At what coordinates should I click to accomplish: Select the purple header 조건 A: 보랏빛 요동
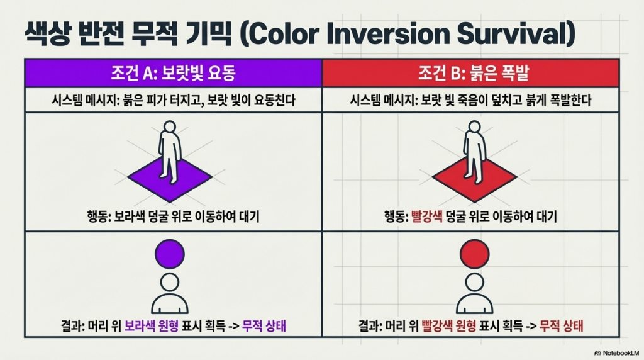[x=174, y=73]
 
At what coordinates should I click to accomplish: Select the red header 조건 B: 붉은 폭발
[x=470, y=73]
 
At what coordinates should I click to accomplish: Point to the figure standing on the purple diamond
[x=170, y=152]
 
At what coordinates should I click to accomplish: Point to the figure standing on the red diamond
[x=474, y=152]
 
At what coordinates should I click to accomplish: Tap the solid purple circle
[x=170, y=254]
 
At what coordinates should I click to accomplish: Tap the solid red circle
[x=474, y=254]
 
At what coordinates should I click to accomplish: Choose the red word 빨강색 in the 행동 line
[x=427, y=216]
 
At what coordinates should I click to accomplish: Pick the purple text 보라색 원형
[x=151, y=326]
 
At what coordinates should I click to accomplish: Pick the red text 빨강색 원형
[x=448, y=326]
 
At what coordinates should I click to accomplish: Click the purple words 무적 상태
[x=264, y=326]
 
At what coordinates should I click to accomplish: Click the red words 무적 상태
[x=561, y=326]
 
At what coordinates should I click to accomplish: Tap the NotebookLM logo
[x=616, y=353]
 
